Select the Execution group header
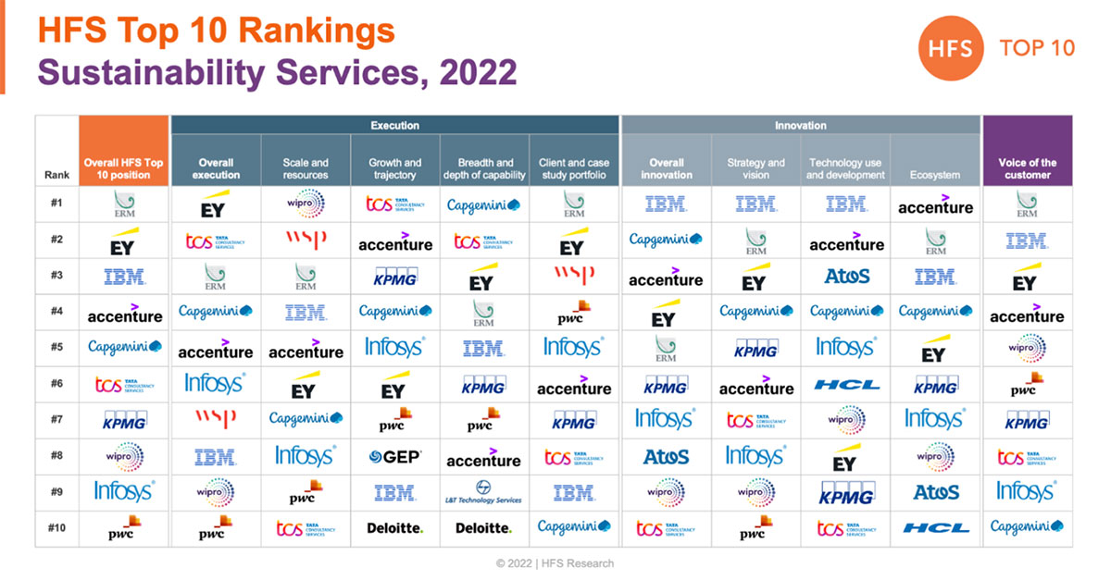(x=394, y=125)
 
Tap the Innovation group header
(x=800, y=125)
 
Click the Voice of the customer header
(x=1027, y=168)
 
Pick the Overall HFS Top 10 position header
(x=124, y=168)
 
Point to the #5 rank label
(x=56, y=348)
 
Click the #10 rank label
(x=56, y=527)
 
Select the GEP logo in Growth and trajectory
(x=395, y=456)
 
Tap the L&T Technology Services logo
(x=483, y=492)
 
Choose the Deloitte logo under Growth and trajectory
(x=395, y=528)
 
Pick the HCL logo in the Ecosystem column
(x=935, y=528)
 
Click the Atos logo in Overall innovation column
(x=666, y=456)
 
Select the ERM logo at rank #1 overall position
(x=124, y=204)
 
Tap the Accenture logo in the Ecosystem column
(x=935, y=205)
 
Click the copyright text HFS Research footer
(x=555, y=563)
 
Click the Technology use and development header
(x=845, y=168)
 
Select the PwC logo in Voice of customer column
(x=1027, y=384)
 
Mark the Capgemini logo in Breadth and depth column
(x=483, y=205)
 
